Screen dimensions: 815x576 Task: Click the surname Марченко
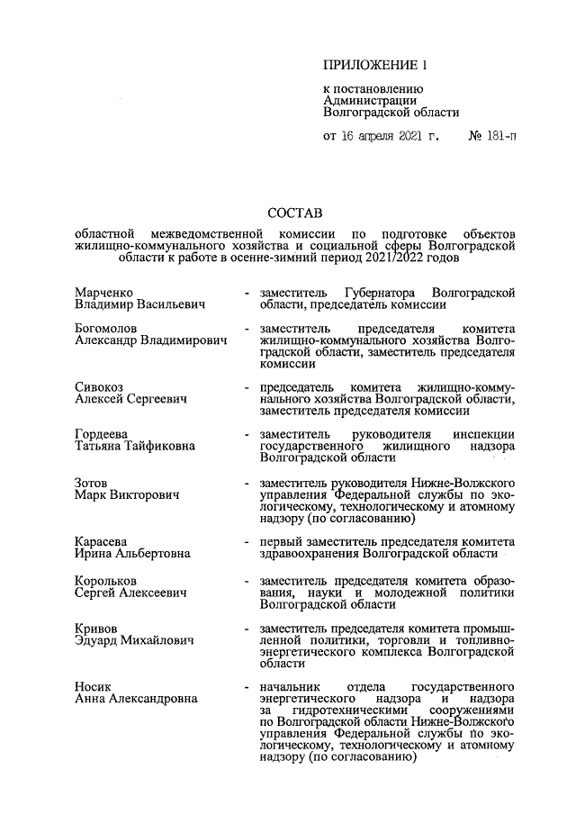point(103,294)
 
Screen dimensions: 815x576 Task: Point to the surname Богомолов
point(106,331)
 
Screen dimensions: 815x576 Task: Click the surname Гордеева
point(101,435)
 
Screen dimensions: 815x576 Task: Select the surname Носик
point(94,686)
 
